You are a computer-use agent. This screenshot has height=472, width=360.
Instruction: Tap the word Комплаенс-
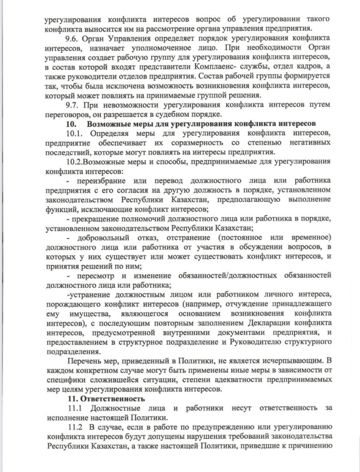click(219, 67)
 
